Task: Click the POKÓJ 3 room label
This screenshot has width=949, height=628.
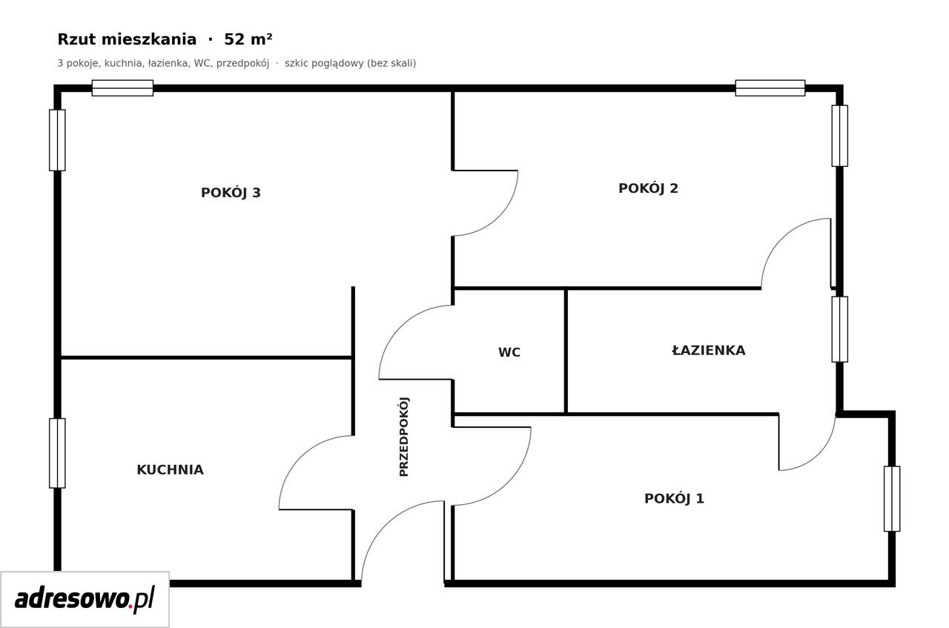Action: click(x=231, y=193)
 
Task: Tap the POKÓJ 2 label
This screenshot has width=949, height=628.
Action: click(x=648, y=188)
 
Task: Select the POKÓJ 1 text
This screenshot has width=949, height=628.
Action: click(x=674, y=499)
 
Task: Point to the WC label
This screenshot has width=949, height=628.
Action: click(x=509, y=352)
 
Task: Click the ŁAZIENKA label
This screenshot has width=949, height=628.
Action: click(x=708, y=350)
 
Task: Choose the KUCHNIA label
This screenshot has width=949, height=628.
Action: click(x=170, y=469)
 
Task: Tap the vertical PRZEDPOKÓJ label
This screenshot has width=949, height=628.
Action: click(x=404, y=437)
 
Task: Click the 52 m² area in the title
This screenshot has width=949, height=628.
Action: click(x=248, y=39)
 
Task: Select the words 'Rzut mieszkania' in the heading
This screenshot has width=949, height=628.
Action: click(x=127, y=39)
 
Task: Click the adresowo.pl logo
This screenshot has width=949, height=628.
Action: click(x=85, y=599)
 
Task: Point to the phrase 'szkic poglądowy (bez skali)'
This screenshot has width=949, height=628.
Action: click(x=351, y=63)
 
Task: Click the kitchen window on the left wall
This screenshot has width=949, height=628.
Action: click(x=57, y=453)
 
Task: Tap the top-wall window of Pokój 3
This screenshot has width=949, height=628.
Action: click(x=122, y=88)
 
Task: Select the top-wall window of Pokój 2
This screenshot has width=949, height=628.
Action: click(x=770, y=88)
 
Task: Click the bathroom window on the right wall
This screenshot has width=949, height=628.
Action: click(x=839, y=329)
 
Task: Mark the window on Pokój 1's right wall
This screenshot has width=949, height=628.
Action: click(x=891, y=499)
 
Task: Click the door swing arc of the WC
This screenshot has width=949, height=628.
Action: click(x=400, y=327)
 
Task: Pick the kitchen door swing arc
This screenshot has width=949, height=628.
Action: click(x=300, y=457)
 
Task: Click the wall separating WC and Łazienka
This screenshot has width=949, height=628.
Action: click(x=566, y=351)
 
